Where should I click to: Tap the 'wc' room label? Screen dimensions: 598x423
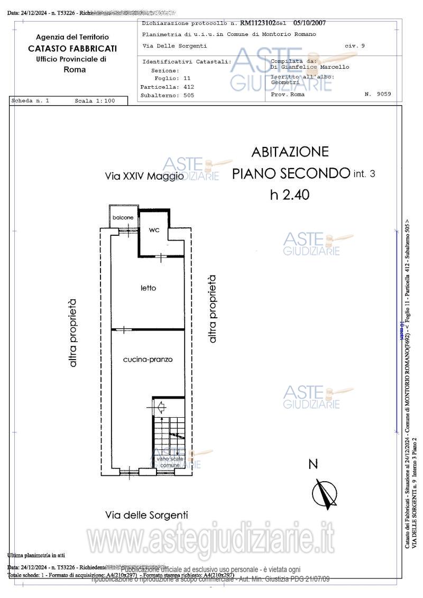[154, 230]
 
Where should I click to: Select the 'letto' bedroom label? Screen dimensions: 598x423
[148, 288]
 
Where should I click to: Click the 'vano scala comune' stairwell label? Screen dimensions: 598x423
[170, 462]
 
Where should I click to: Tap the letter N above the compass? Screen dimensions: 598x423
[314, 464]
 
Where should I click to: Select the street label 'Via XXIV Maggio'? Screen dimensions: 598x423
[144, 176]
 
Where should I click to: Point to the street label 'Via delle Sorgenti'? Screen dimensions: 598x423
[146, 514]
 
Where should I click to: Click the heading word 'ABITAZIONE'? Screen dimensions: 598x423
[290, 152]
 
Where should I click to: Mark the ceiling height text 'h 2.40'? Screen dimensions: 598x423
[289, 195]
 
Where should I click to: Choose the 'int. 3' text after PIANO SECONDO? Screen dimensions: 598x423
[364, 173]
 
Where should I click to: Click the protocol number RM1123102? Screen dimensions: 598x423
[258, 23]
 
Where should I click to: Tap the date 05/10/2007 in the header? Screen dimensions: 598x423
[309, 23]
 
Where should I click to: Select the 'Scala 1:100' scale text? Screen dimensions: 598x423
[94, 100]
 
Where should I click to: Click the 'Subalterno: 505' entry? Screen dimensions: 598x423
[167, 95]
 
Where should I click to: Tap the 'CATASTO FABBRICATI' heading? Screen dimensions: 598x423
[72, 48]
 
